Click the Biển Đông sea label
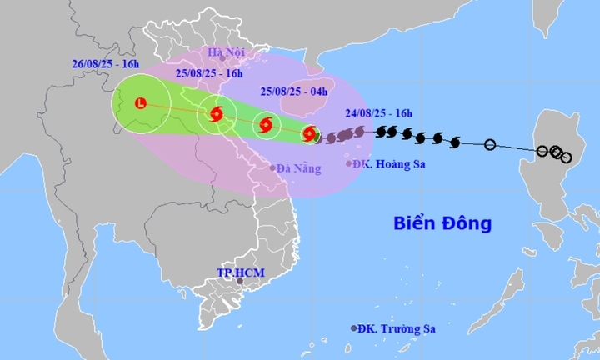[x=442, y=223]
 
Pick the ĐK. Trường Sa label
[x=397, y=329]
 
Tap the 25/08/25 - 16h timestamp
[x=211, y=73]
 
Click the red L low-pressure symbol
[x=141, y=103]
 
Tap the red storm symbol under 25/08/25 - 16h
[x=217, y=113]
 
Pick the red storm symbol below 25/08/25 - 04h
[x=266, y=125]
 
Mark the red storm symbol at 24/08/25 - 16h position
[x=310, y=133]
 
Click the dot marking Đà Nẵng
[x=272, y=167]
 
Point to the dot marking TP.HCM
[x=240, y=282]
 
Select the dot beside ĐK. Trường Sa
[x=354, y=329]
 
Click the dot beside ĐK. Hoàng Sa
[x=348, y=163]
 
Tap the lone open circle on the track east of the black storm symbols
[x=490, y=146]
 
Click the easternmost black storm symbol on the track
[x=455, y=142]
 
